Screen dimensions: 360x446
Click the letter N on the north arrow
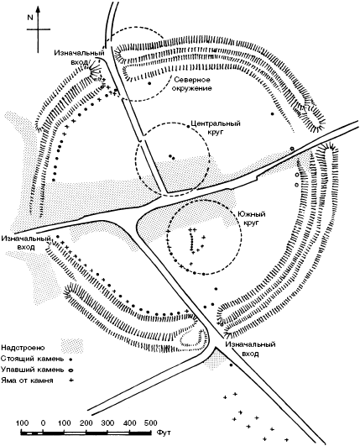click(x=30, y=18)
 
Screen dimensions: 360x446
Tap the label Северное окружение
click(x=193, y=84)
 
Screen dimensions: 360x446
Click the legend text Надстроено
click(x=23, y=348)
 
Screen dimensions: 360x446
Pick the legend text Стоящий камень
click(x=33, y=359)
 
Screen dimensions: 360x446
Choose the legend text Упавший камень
click(x=33, y=370)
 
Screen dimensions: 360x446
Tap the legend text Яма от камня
click(x=27, y=380)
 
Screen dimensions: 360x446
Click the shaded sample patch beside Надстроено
click(x=72, y=345)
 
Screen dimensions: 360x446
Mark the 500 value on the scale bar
click(x=149, y=422)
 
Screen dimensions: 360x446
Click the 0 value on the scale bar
click(x=43, y=422)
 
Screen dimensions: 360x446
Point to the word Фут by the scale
click(x=164, y=433)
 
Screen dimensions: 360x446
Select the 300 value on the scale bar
click(x=107, y=422)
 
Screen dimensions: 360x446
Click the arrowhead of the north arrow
click(x=38, y=9)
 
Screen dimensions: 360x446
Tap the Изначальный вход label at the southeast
click(x=251, y=349)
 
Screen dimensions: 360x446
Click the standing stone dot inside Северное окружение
click(x=149, y=83)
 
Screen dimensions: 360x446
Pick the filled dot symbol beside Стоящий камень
click(x=70, y=359)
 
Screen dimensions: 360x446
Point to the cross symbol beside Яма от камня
click(x=70, y=380)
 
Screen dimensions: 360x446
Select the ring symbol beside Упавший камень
click(x=70, y=370)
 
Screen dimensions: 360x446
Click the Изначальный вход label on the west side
click(x=26, y=243)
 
